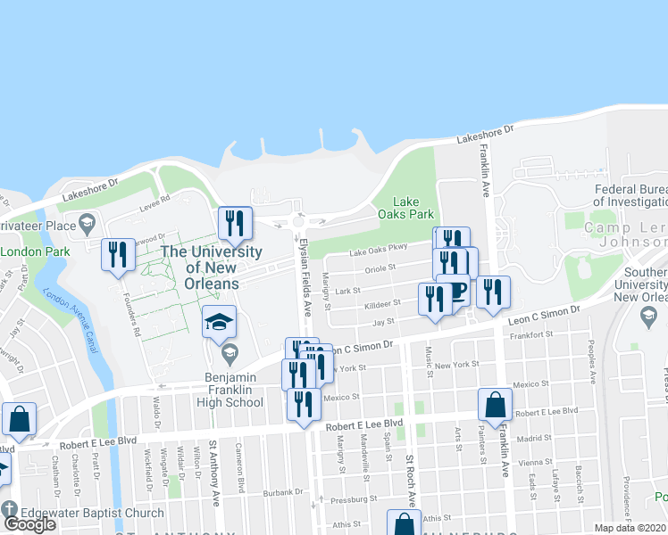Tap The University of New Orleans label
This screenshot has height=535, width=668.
tap(200, 267)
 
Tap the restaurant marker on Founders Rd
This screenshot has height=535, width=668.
tap(117, 256)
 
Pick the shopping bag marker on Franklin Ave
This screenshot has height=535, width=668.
tap(495, 406)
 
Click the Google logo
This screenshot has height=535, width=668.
tap(29, 524)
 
